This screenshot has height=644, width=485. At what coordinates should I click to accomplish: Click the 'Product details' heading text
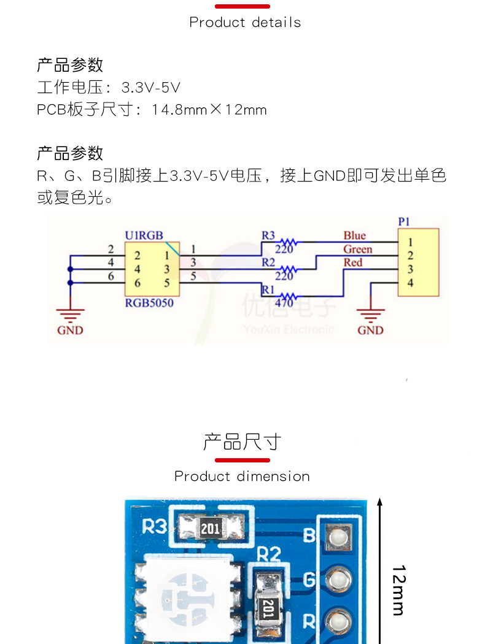245,23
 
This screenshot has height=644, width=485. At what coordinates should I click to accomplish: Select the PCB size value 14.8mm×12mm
209,110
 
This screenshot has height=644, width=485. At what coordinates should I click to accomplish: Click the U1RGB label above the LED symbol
144,235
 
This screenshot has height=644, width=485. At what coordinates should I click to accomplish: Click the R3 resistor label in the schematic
268,235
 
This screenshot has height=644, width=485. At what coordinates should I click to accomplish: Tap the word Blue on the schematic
354,236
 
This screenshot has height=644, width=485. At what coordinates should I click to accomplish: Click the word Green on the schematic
357,249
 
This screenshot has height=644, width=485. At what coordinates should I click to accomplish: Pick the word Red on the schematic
352,263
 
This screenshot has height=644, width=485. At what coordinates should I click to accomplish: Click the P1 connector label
404,221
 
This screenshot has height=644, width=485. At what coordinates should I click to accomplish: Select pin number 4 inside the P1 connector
410,283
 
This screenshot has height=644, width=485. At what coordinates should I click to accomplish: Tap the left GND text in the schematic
70,330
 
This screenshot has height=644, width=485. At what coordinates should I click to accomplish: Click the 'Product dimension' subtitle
242,477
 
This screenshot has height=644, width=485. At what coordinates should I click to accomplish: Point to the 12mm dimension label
397,590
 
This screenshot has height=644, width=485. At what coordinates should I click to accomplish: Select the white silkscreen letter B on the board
310,536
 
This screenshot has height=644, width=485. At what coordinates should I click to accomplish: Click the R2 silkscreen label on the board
268,555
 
